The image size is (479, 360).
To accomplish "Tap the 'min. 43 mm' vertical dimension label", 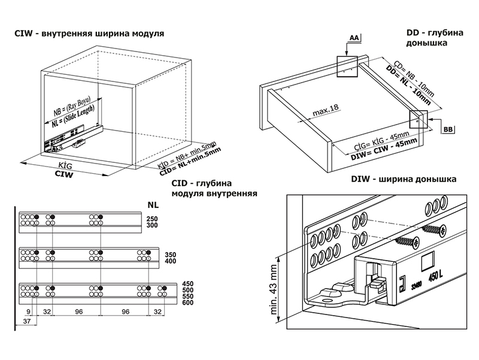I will tap(275, 291).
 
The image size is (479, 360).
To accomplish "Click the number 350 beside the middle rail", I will tap(153, 254).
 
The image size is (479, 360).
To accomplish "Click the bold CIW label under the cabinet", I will tap(64, 175).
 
